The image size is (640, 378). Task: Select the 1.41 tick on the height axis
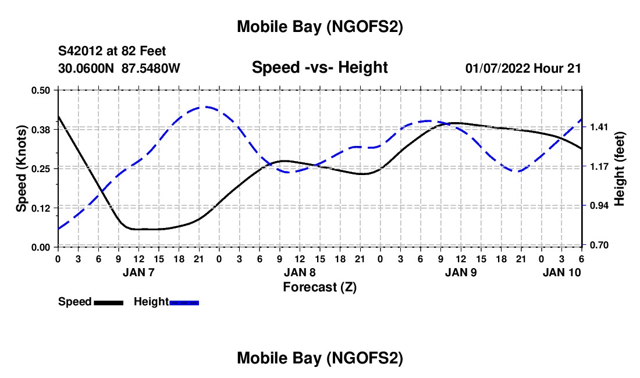click(x=600, y=127)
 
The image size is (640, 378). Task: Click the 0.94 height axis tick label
click(x=600, y=206)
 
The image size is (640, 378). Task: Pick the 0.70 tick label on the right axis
click(x=600, y=245)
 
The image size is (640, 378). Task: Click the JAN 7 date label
click(x=138, y=272)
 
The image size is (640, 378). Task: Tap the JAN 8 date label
click(x=300, y=272)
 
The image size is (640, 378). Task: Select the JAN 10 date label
click(x=561, y=272)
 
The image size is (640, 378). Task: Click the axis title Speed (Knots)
click(x=21, y=168)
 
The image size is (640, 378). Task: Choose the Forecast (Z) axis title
click(x=319, y=287)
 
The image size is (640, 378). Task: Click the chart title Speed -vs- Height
click(x=319, y=67)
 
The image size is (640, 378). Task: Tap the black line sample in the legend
click(x=108, y=302)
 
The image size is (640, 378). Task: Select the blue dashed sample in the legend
click(x=184, y=302)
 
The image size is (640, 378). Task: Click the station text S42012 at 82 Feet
click(x=112, y=51)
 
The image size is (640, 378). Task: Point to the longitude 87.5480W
click(x=151, y=68)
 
